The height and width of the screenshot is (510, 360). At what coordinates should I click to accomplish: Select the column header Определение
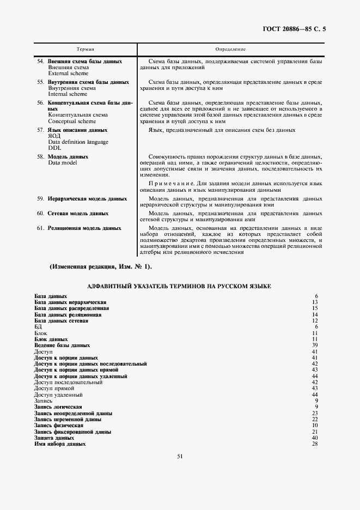tap(230, 50)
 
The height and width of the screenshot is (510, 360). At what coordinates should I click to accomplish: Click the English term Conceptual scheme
tap(70, 122)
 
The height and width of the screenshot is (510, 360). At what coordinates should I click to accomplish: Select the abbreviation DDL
tap(54, 148)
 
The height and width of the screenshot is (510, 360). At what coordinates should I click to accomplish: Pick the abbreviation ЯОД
tap(54, 136)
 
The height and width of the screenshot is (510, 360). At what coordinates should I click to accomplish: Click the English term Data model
tap(63, 163)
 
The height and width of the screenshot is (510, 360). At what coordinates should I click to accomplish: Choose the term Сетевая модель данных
tap(77, 214)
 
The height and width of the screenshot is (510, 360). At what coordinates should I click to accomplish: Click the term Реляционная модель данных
tap(84, 228)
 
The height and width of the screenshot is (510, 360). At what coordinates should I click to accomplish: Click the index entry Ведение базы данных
tap(62, 345)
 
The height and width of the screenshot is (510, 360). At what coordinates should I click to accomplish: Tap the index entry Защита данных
tap(54, 438)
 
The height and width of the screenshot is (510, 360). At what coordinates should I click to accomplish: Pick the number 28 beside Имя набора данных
tap(314, 444)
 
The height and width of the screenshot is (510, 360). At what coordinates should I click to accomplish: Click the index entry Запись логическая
tap(58, 407)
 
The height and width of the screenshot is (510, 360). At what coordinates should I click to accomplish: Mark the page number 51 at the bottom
tap(180, 472)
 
